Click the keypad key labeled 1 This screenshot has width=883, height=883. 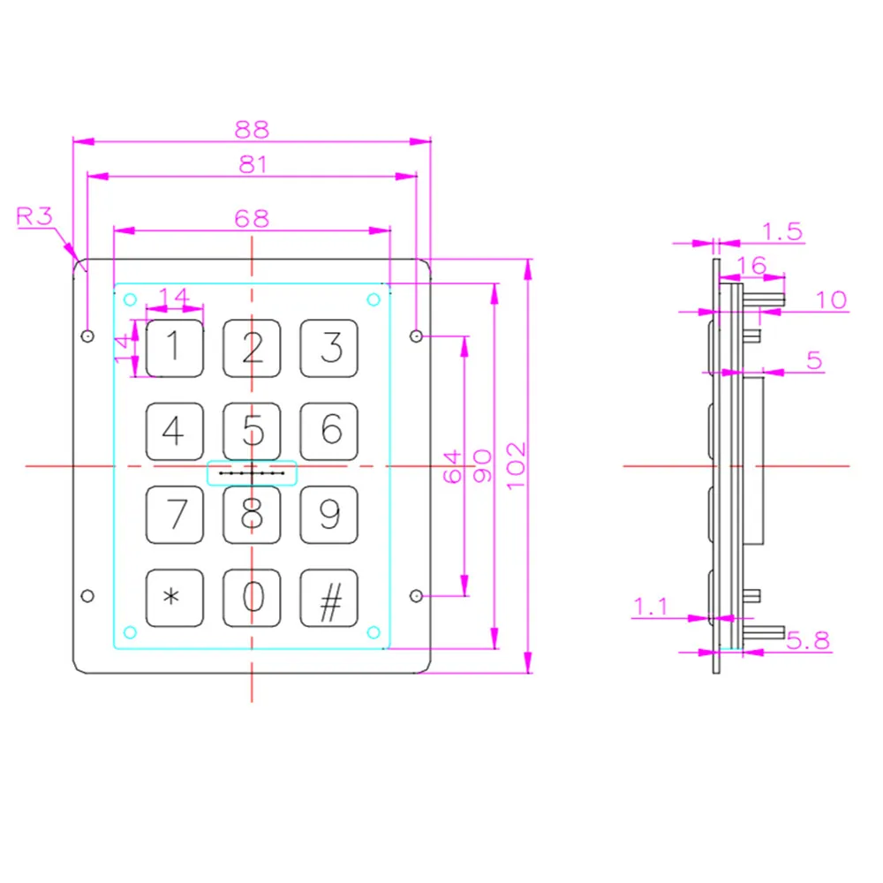(174, 348)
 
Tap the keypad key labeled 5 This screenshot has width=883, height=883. (253, 431)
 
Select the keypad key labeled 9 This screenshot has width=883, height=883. (330, 514)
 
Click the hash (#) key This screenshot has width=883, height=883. (330, 598)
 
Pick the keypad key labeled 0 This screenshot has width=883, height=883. (253, 598)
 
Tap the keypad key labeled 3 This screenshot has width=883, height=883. (330, 348)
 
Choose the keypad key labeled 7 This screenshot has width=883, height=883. (174, 514)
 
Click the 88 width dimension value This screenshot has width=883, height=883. (252, 129)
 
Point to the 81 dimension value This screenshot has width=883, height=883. (252, 164)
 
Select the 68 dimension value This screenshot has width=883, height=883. (252, 218)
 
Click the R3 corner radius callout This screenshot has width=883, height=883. (35, 216)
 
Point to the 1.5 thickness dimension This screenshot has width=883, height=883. (781, 231)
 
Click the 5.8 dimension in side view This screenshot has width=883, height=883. (808, 640)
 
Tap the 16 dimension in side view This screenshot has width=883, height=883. (751, 266)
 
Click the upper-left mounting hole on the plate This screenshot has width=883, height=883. (87, 336)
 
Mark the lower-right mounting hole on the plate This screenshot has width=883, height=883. (417, 596)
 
